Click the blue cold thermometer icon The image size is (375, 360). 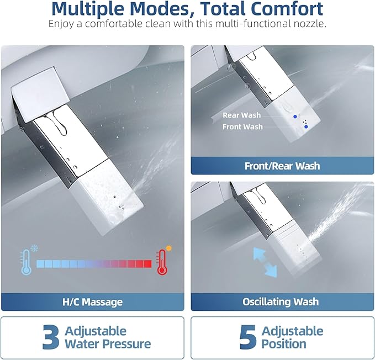[26, 262]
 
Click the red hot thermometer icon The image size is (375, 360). [162, 262]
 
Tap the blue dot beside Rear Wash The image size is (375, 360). [295, 117]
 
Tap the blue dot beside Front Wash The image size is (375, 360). [306, 126]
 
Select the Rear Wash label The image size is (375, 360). [241, 115]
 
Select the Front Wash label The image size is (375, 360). [242, 126]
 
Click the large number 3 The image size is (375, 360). [51, 337]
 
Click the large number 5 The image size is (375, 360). [248, 337]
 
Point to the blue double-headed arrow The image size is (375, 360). [265, 262]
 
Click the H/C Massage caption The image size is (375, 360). [93, 302]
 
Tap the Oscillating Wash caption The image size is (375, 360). [281, 301]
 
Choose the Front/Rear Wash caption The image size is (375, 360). [282, 166]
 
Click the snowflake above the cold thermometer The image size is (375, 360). [34, 248]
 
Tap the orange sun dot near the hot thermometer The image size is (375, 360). [169, 248]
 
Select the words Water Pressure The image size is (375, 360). [108, 344]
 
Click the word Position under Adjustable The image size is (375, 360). [284, 344]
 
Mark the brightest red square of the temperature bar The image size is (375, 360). [147, 264]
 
